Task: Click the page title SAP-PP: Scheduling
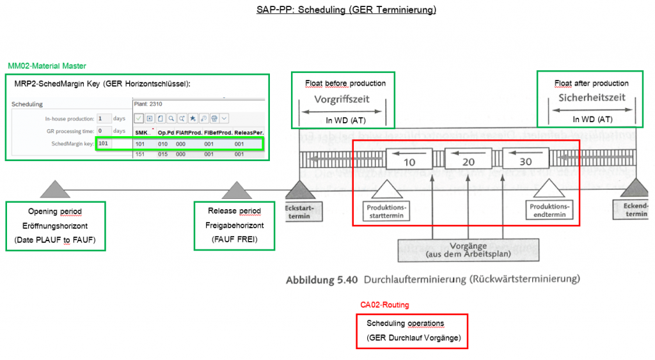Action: tap(327, 10)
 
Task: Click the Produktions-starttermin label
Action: tap(386, 211)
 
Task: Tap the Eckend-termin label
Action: tap(636, 210)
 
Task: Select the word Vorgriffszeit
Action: tap(342, 100)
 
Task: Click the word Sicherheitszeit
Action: tap(592, 98)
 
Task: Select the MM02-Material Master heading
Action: tap(47, 66)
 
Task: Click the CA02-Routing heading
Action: tap(384, 305)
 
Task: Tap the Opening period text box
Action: tap(55, 226)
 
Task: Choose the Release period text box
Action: tap(234, 226)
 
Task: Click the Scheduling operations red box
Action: tap(412, 331)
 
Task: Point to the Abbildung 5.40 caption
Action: tap(432, 279)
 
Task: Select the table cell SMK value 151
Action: tap(141, 154)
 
